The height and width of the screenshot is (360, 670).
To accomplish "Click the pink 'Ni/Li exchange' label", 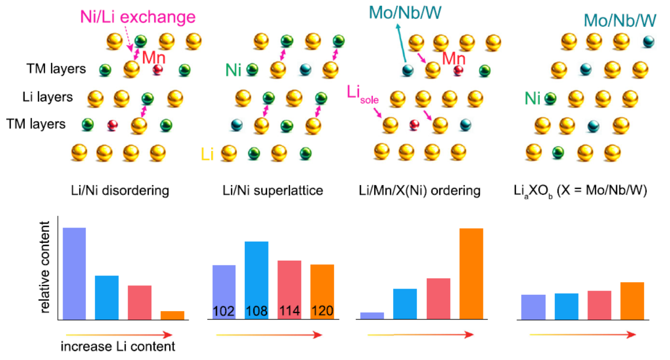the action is (138, 17).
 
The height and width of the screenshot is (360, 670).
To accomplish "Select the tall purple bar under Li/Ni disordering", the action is (74, 273).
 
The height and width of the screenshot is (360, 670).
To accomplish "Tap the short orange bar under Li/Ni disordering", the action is (172, 315).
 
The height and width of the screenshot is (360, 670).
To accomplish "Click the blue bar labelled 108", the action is (256, 281).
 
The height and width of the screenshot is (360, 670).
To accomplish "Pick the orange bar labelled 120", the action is (322, 292).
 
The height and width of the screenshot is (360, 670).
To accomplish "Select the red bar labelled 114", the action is (289, 290).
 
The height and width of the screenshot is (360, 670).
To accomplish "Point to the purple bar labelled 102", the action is (224, 292).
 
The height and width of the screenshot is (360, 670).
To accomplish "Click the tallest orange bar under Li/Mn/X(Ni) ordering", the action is (471, 274).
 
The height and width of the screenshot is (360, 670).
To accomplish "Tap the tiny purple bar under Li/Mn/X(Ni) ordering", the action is (372, 316).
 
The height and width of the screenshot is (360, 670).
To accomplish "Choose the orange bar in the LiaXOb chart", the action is (632, 301).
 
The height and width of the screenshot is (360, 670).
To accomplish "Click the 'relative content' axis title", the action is (45, 268).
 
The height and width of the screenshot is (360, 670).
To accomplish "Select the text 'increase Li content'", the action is (118, 346).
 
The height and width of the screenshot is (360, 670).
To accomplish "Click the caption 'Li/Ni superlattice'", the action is (273, 191).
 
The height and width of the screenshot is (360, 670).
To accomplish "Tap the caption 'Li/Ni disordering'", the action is (120, 191).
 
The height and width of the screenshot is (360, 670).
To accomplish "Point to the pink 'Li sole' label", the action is (363, 95).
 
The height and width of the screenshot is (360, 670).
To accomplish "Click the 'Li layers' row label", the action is (48, 97).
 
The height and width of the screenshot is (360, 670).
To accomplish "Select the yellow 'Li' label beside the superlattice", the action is (207, 155).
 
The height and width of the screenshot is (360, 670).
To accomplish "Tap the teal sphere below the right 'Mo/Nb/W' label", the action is (648, 42).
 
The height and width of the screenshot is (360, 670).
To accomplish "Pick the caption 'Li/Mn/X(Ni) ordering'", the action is (420, 191).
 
